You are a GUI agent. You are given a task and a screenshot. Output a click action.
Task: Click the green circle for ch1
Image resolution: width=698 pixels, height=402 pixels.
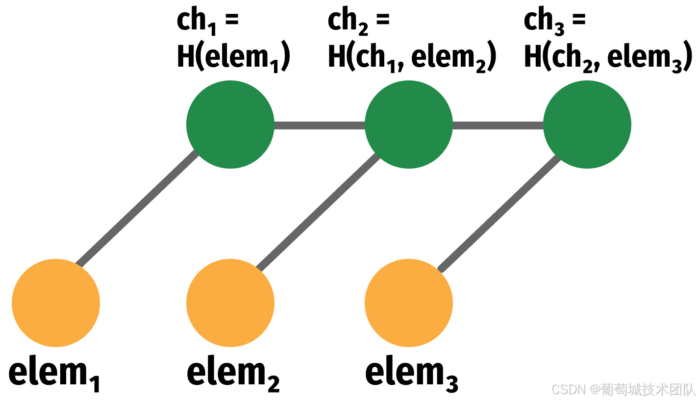pyautogui.click(x=230, y=125)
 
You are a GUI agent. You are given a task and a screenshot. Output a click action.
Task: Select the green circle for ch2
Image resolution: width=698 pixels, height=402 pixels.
pyautogui.click(x=408, y=125)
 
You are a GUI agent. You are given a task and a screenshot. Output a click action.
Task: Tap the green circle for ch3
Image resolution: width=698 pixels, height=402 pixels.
pyautogui.click(x=587, y=125)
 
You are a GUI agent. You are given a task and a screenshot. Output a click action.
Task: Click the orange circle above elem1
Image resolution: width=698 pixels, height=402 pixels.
pyautogui.click(x=56, y=303)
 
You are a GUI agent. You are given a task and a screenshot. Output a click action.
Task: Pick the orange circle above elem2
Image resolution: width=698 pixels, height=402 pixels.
pyautogui.click(x=230, y=303)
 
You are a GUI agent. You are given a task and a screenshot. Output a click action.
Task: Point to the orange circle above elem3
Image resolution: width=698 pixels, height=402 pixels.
pyautogui.click(x=408, y=303)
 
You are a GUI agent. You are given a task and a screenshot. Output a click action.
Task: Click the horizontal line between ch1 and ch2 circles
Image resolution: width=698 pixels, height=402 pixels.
pyautogui.click(x=319, y=125)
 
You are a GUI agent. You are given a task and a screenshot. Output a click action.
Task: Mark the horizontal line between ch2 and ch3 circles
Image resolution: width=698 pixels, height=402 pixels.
pyautogui.click(x=498, y=125)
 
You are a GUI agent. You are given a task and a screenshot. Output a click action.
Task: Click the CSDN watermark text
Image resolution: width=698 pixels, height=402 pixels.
pyautogui.click(x=623, y=390)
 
